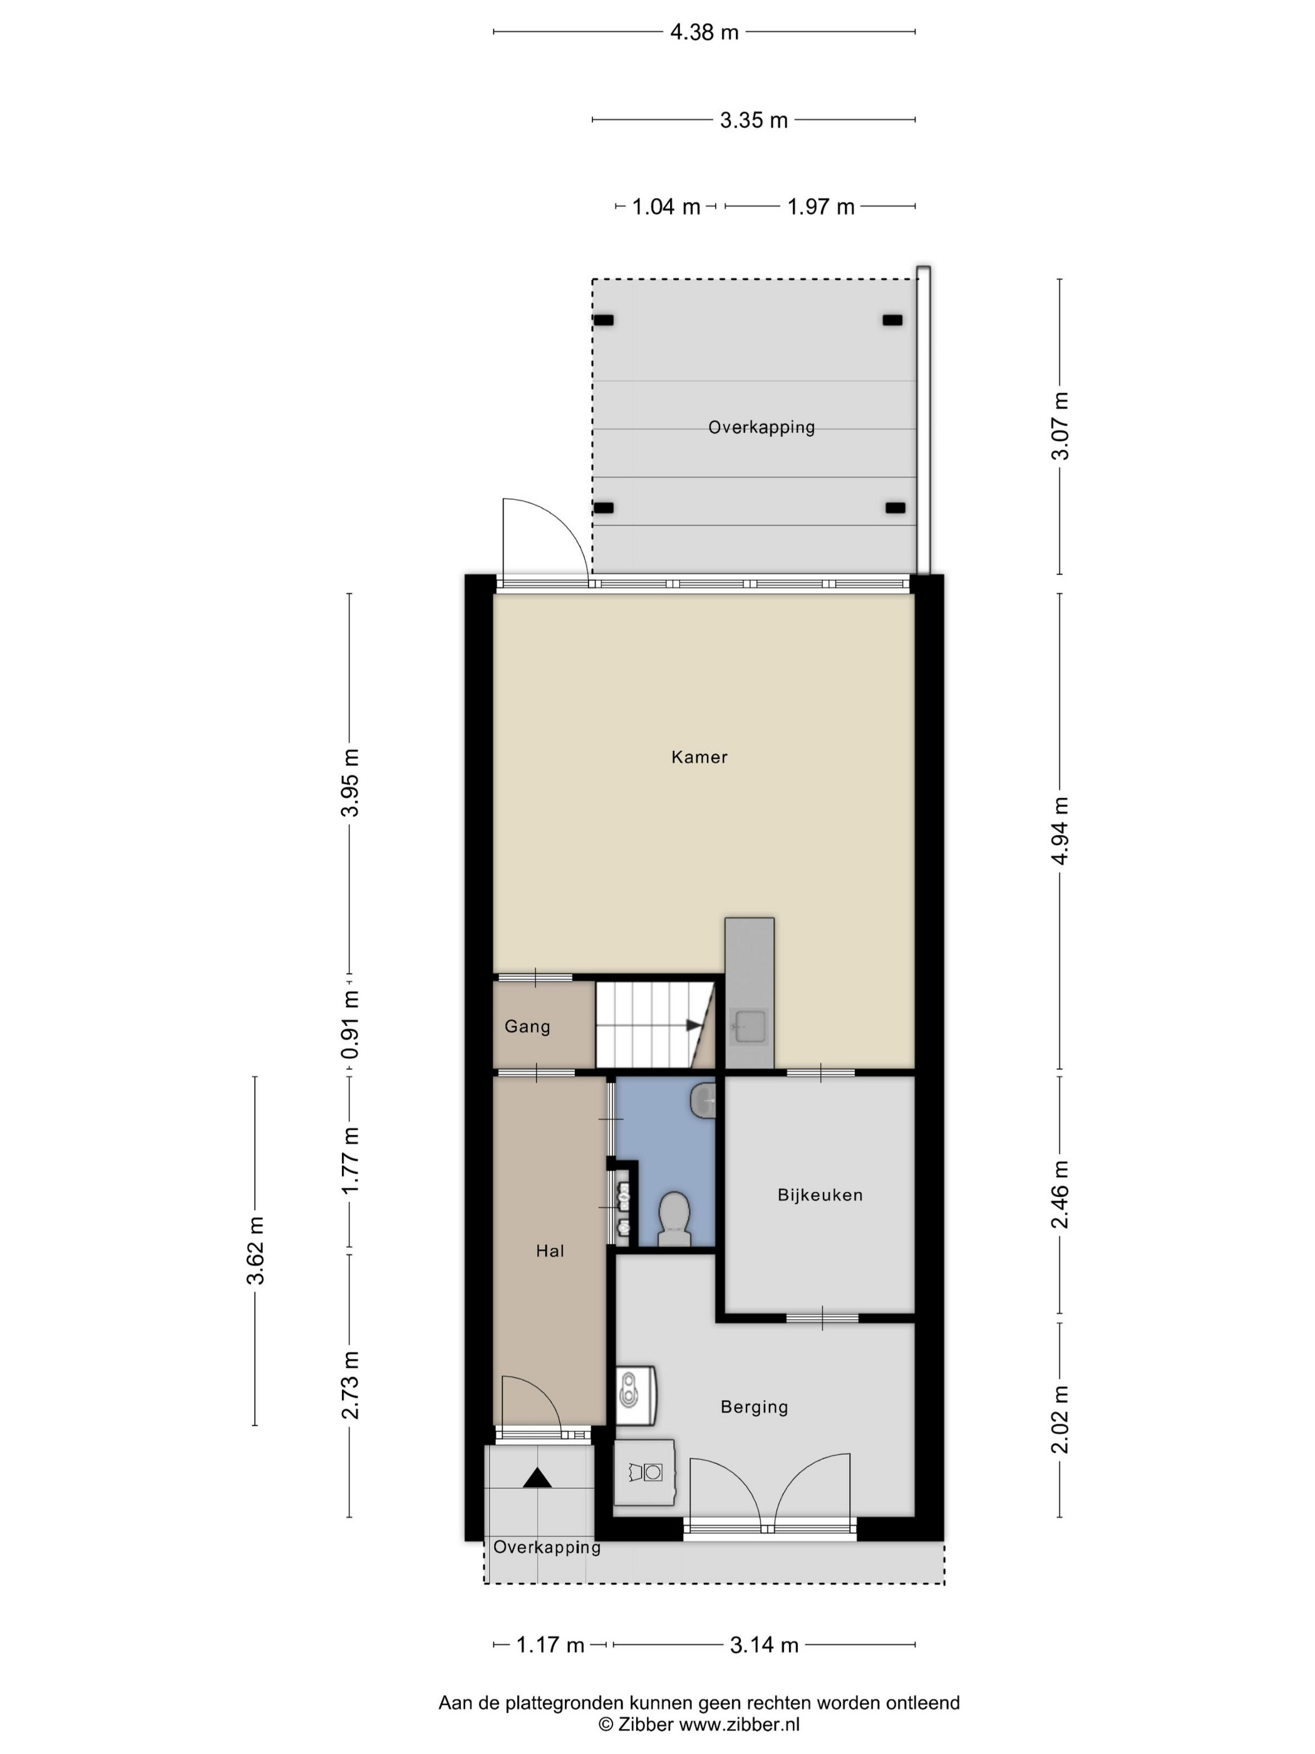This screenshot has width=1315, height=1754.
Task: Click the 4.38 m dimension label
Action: [x=704, y=32]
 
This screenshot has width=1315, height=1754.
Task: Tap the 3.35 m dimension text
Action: [x=753, y=120]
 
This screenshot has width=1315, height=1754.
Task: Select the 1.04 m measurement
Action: [x=666, y=207]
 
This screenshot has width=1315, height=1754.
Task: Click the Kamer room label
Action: [x=699, y=757]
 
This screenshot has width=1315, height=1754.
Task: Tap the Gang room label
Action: [x=527, y=1026]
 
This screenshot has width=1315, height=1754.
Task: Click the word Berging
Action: [x=754, y=1407]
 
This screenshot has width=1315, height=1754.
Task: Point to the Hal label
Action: [x=550, y=1251]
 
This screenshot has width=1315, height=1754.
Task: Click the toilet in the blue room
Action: [x=674, y=1219]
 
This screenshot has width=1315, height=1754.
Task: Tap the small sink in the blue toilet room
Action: [x=703, y=1101]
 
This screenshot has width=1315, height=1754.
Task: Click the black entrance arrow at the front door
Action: [x=537, y=1477]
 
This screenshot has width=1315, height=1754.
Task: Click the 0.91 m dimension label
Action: [x=349, y=1024]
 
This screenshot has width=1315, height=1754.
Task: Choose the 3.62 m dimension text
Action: [x=254, y=1250]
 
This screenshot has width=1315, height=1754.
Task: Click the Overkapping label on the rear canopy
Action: [x=761, y=427]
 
